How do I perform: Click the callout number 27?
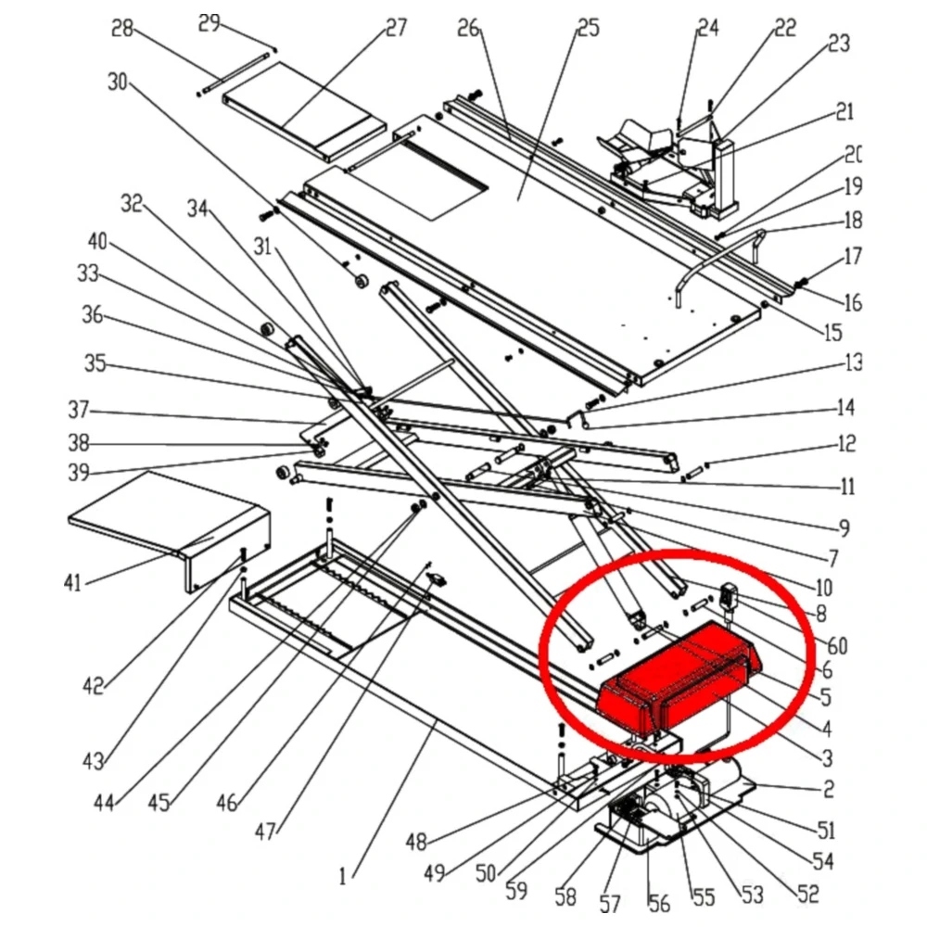coord(396,28)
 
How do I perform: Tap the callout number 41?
coord(72,582)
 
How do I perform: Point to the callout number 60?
coord(837,646)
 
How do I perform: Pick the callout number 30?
coord(117,82)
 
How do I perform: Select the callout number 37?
coord(77,409)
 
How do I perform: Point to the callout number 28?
coord(122,28)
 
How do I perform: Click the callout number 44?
coord(104,802)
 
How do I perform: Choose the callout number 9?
coord(844,529)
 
